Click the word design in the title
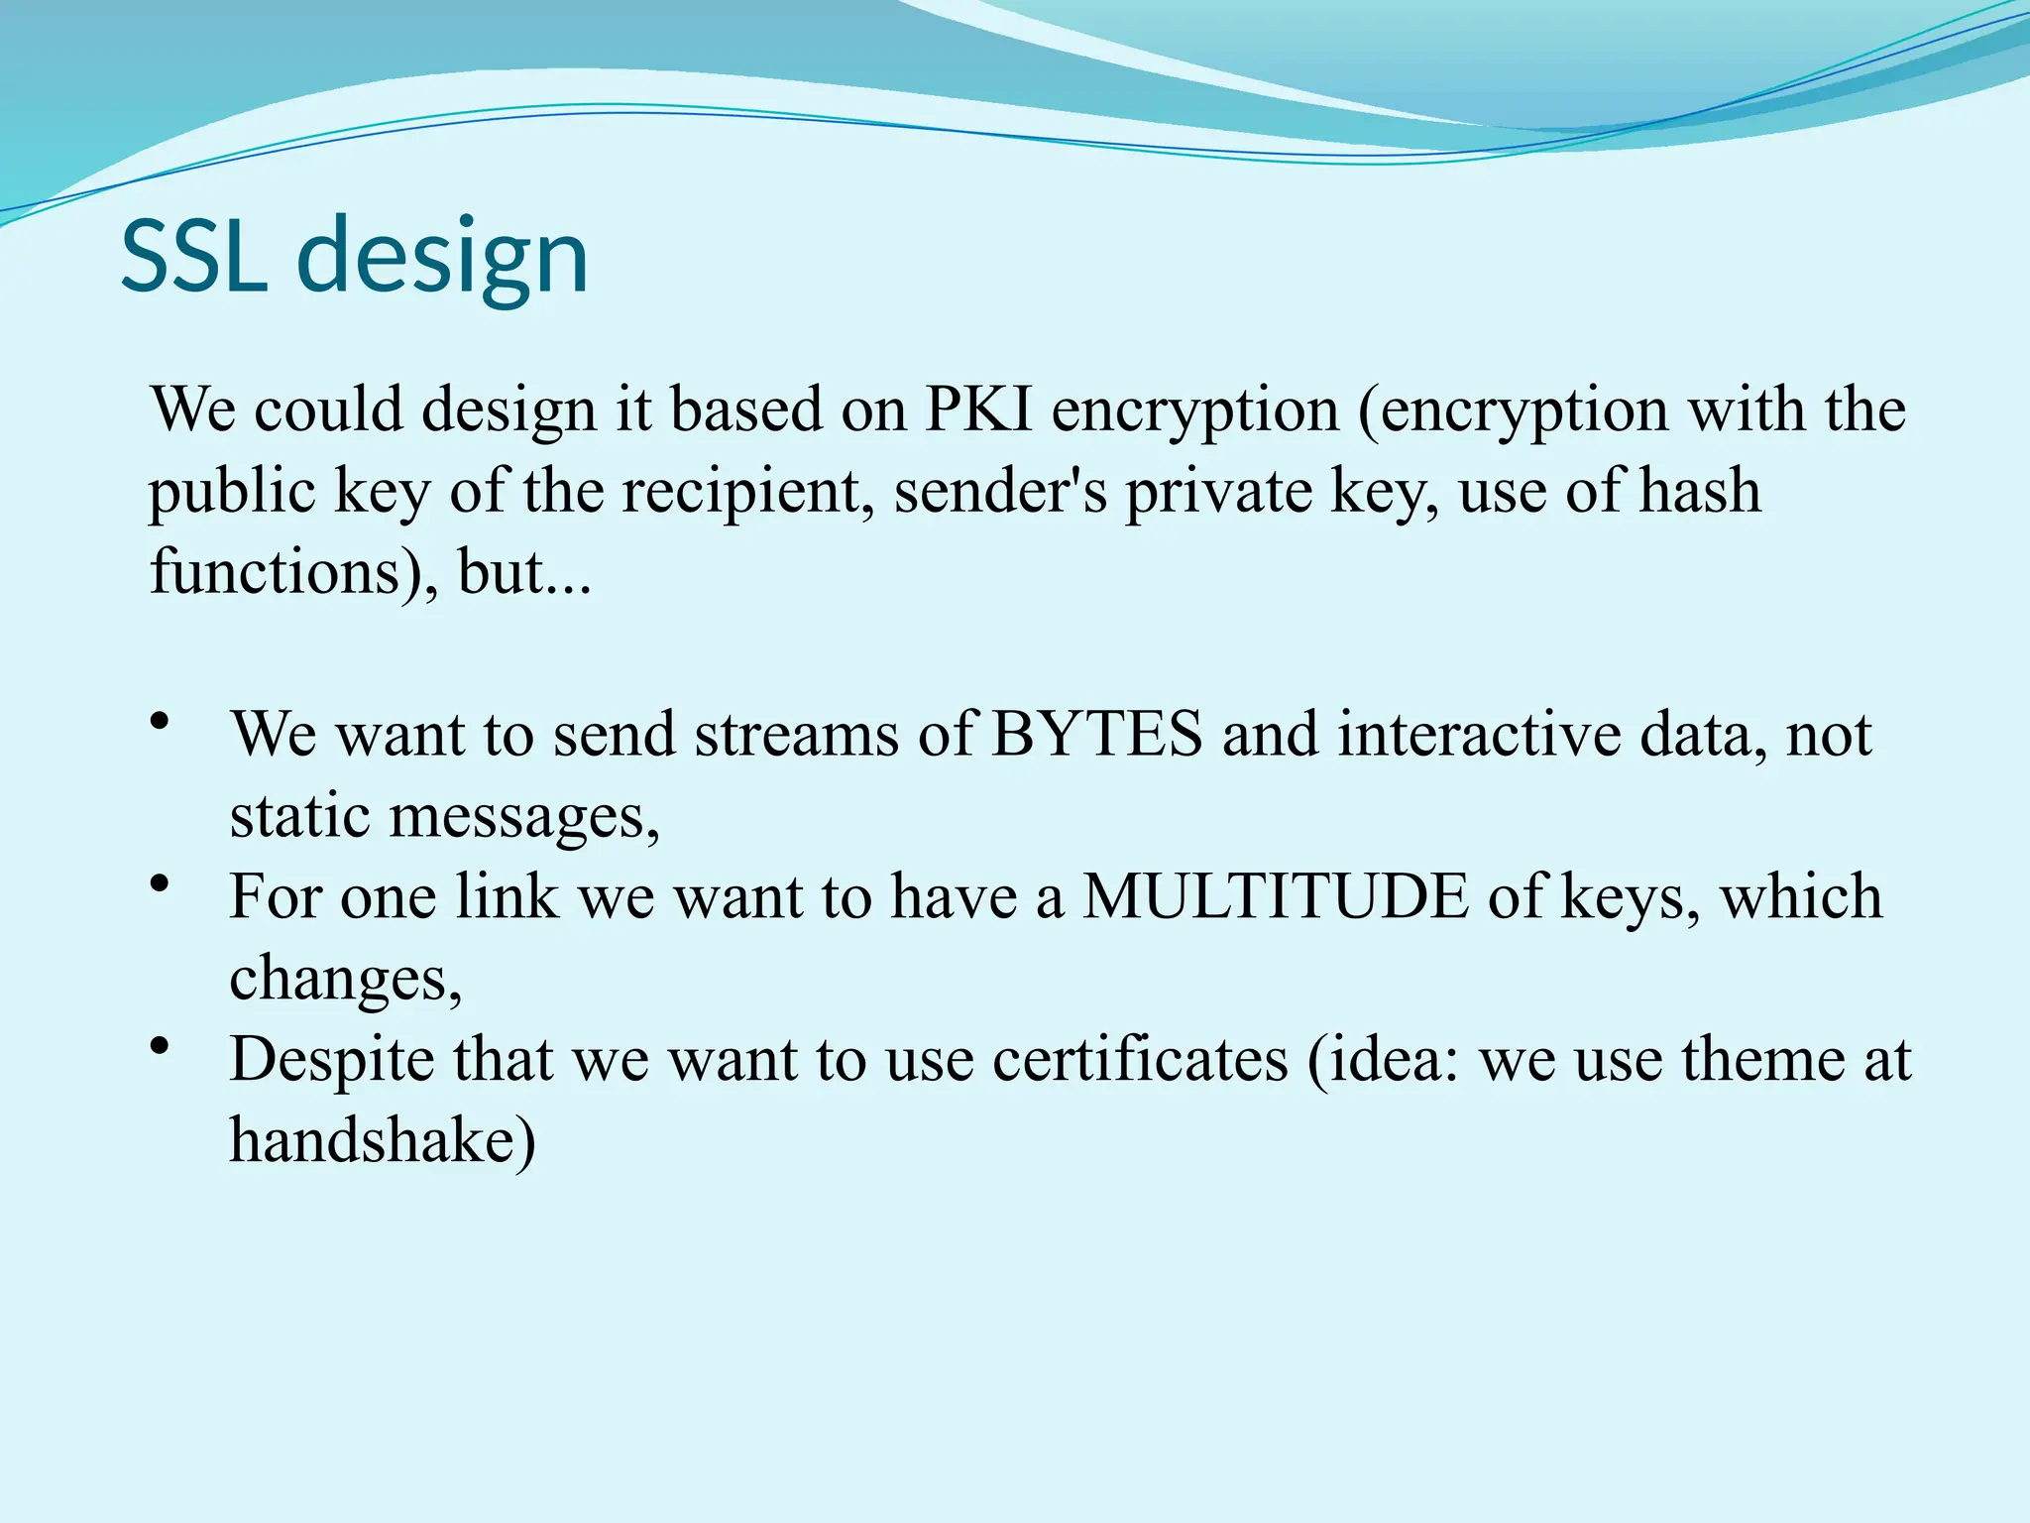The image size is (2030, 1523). pos(443,260)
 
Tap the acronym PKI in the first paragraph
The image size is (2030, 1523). pos(978,409)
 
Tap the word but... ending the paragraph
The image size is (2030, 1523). pos(524,573)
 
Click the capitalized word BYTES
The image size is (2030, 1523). pos(1096,735)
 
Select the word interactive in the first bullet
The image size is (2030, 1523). pos(1478,735)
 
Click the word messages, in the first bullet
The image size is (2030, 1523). pos(523,817)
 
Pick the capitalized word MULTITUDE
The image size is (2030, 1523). pos(1275,896)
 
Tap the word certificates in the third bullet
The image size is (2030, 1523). pos(1141,1059)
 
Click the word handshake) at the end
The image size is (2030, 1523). pos(383,1140)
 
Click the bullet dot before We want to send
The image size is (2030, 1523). pos(160,722)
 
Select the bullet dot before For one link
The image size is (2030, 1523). pos(160,883)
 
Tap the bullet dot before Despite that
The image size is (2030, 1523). pos(160,1046)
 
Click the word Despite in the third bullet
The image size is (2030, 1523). pos(332,1059)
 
